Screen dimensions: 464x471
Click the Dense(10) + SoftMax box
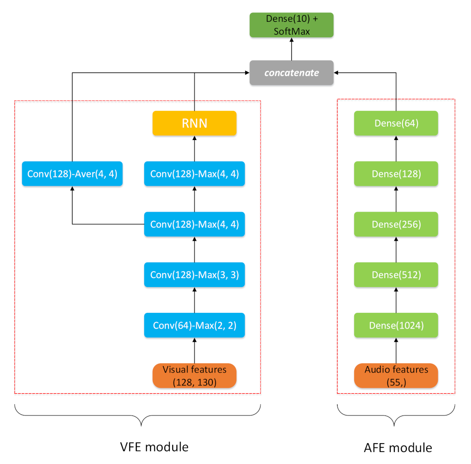pos(291,25)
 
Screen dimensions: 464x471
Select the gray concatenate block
pos(291,73)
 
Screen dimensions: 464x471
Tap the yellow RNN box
pos(194,123)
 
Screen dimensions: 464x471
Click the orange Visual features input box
pos(194,375)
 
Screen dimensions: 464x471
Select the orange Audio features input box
pos(396,375)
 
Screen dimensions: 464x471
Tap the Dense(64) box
pos(396,123)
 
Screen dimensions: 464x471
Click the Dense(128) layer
pos(396,173)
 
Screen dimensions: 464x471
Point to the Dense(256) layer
pos(396,224)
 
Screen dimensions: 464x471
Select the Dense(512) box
pos(396,275)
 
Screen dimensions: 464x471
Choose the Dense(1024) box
pos(396,325)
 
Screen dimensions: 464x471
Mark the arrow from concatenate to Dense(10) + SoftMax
pos(291,49)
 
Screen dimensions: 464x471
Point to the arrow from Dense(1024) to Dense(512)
pos(396,300)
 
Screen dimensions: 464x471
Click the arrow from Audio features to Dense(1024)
pos(396,350)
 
